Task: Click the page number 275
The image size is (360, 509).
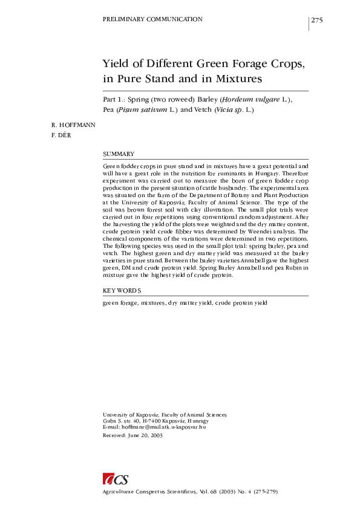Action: pos(317,21)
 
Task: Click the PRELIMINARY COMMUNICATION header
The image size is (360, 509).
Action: pos(153,20)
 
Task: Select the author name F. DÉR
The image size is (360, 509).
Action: pos(62,135)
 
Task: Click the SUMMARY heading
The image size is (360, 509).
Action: pos(119,155)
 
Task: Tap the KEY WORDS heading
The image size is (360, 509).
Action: pos(122,291)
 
